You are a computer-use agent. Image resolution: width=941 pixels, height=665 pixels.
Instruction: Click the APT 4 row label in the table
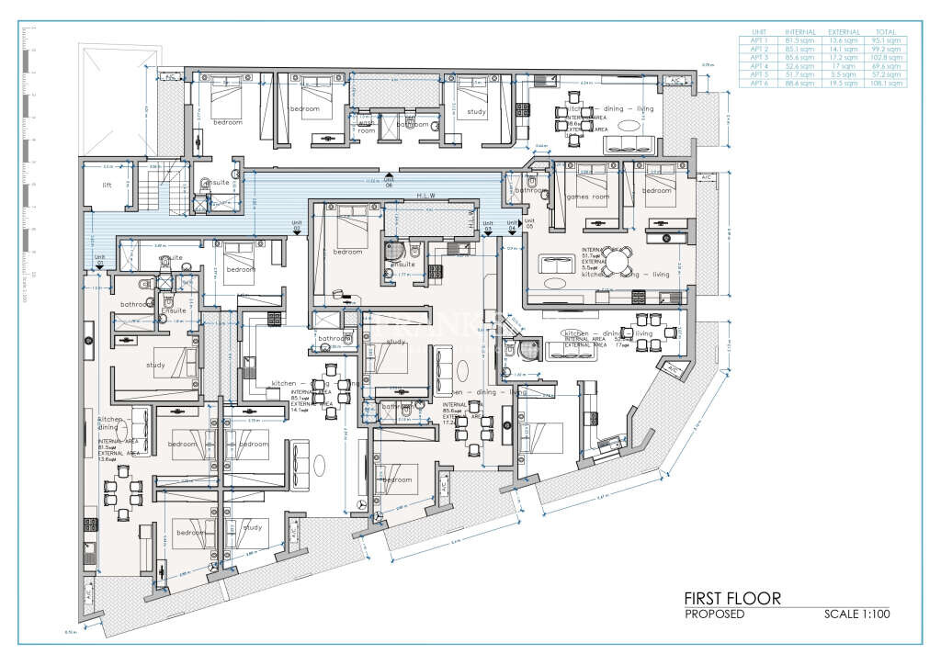tap(759, 66)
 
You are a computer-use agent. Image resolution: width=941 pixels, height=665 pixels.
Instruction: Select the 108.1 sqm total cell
tap(889, 83)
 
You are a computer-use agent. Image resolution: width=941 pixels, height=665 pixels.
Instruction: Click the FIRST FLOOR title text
tap(732, 599)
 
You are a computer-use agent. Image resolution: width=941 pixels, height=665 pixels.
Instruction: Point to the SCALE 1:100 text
tap(856, 614)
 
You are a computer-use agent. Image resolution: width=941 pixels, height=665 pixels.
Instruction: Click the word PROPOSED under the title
tap(715, 614)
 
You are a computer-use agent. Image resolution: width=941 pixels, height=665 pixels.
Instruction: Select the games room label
tap(590, 197)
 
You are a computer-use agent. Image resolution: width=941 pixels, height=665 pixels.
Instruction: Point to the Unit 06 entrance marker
tap(389, 179)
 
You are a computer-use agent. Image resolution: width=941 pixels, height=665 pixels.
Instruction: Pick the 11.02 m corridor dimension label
tap(372, 181)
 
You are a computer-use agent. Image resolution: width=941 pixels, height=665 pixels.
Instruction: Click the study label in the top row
tap(476, 112)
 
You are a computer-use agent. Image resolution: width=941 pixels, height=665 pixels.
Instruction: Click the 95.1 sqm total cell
tap(889, 41)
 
